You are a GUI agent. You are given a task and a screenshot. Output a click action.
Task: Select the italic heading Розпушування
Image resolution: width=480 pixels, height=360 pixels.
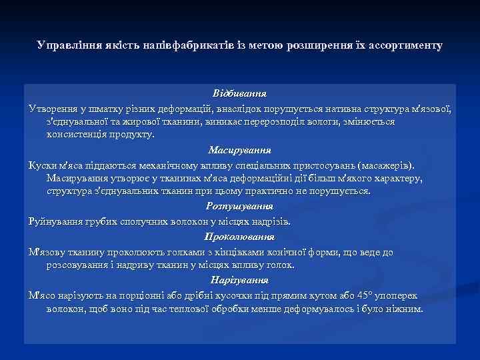(240, 206)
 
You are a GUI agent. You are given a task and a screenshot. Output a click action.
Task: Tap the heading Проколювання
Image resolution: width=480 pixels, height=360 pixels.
(240, 237)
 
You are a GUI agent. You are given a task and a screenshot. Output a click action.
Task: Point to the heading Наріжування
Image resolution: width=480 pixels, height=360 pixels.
(240, 279)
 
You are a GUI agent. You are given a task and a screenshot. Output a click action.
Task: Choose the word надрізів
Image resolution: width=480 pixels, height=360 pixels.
(271, 221)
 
